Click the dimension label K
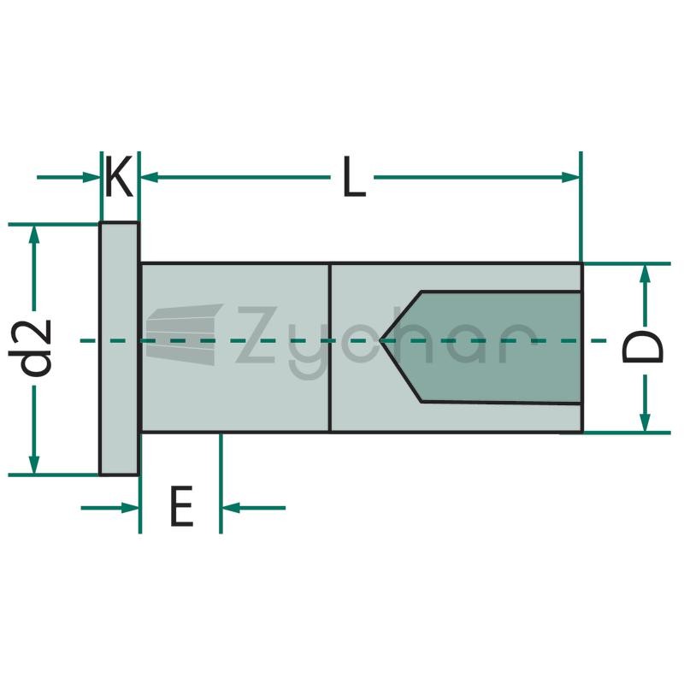click(119, 177)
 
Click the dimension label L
click(354, 177)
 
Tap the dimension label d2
click(31, 349)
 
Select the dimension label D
click(643, 348)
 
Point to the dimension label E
click(181, 506)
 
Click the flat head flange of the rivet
click(119, 349)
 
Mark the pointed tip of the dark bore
click(380, 340)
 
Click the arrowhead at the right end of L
click(570, 177)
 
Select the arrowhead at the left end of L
click(148, 177)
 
